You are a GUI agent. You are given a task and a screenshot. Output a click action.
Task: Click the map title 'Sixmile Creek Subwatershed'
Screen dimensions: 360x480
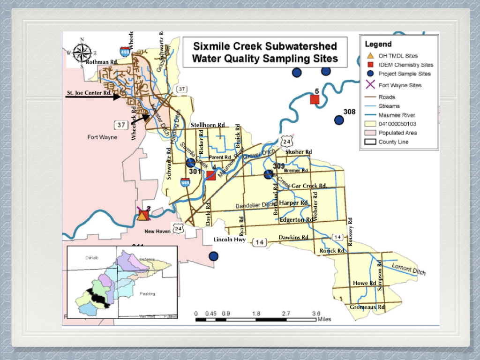click(265, 47)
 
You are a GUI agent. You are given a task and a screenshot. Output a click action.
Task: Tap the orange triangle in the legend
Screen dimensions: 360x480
click(369, 56)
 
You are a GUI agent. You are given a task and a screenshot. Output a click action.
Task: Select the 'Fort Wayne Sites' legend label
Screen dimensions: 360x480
click(400, 85)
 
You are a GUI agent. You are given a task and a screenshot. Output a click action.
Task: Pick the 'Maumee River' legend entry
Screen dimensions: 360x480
click(397, 115)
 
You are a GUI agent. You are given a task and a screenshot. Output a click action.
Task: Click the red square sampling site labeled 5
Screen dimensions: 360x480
click(315, 99)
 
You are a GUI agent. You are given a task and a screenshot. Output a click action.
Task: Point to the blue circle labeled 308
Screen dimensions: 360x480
click(339, 120)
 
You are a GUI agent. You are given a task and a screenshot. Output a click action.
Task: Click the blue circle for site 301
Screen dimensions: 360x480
click(190, 163)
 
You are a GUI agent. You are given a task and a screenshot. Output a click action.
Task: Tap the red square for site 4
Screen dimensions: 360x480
click(211, 175)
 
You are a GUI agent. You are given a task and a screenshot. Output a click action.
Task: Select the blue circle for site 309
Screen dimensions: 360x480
click(268, 174)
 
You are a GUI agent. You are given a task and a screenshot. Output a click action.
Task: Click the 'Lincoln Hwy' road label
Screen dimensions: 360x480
click(230, 240)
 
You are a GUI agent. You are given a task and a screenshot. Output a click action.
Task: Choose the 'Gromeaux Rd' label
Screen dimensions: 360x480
click(367, 307)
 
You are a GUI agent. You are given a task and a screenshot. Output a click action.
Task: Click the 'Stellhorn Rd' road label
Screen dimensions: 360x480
click(208, 125)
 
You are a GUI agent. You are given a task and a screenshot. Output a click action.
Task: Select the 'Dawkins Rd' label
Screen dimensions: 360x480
click(293, 238)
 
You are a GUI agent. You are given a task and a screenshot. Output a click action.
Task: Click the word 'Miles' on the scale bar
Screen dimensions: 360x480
click(324, 319)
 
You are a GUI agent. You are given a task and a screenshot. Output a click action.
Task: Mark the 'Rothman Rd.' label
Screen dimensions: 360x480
click(102, 62)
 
